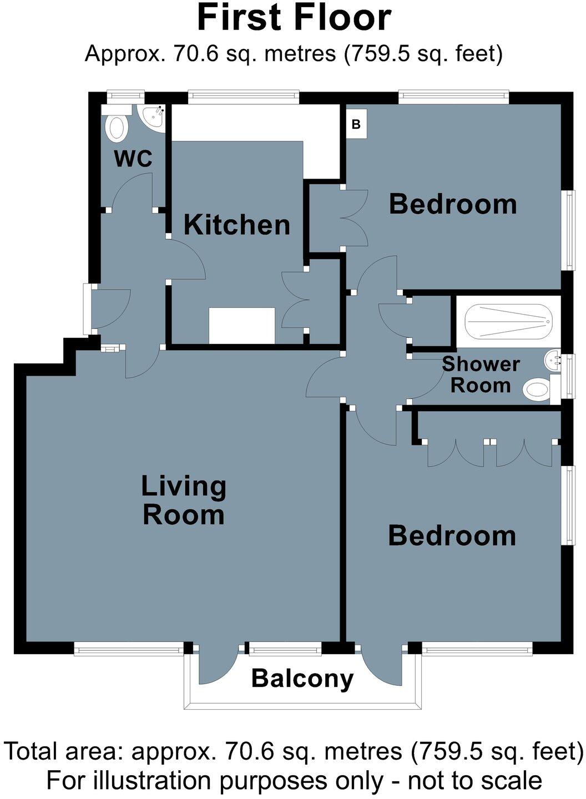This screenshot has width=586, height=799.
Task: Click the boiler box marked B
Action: pyautogui.click(x=356, y=124)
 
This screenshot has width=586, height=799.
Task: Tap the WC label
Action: pyautogui.click(x=133, y=159)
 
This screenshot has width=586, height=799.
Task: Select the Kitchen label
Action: pyautogui.click(x=237, y=225)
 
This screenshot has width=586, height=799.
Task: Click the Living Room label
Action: pyautogui.click(x=184, y=500)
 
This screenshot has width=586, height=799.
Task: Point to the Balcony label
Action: pyautogui.click(x=302, y=678)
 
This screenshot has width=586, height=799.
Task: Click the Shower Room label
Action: pyautogui.click(x=481, y=375)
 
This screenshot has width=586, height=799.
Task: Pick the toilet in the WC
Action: pyautogui.click(x=117, y=127)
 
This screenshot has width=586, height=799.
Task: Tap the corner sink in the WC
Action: pyautogui.click(x=154, y=117)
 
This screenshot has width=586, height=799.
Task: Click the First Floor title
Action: pyautogui.click(x=294, y=18)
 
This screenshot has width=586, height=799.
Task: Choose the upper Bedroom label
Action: pyautogui.click(x=453, y=204)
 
